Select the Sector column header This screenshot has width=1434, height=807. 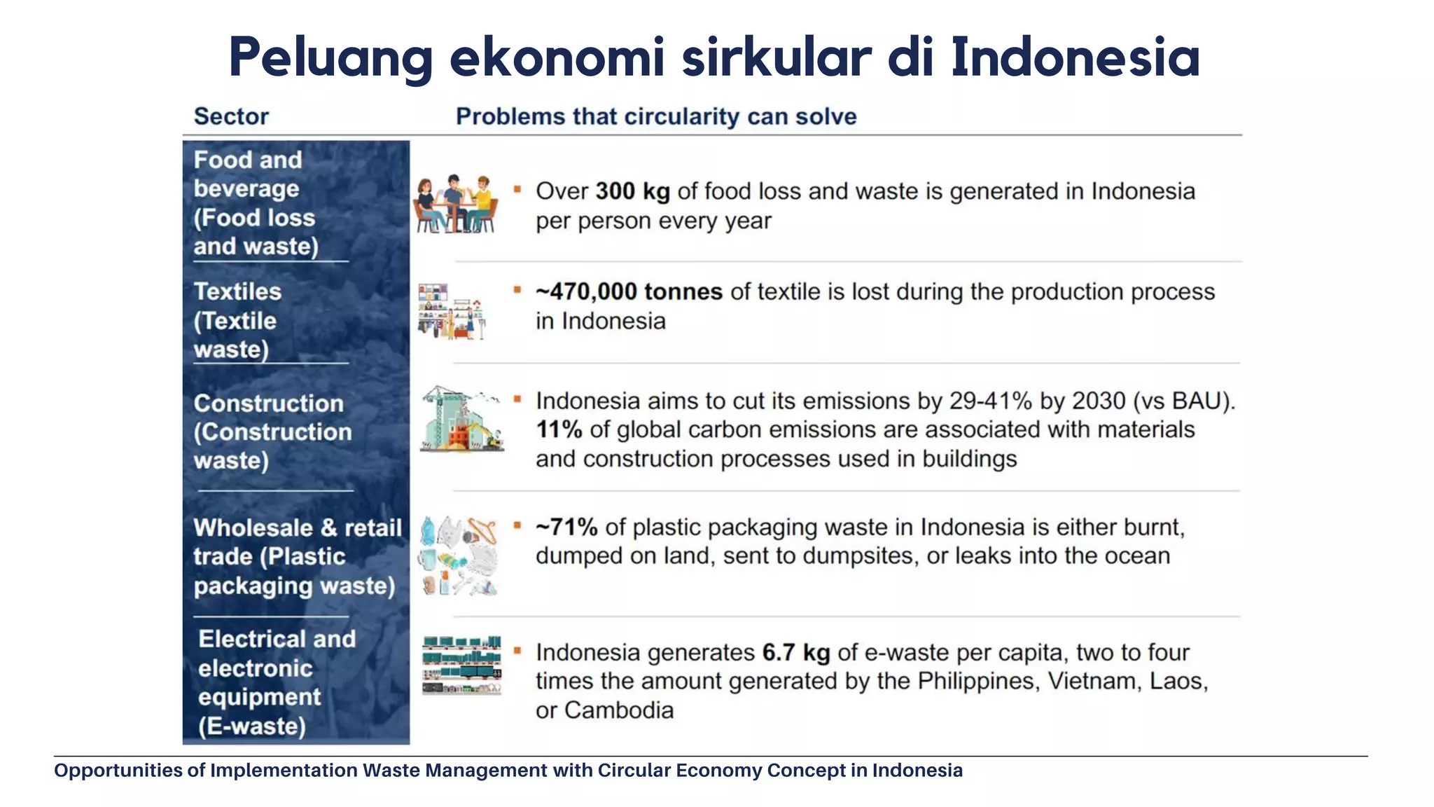click(x=231, y=116)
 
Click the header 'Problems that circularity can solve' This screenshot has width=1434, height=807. click(x=656, y=116)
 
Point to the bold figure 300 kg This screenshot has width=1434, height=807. click(x=632, y=191)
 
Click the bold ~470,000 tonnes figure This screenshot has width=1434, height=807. click(x=629, y=291)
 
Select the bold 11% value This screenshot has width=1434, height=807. click(x=559, y=429)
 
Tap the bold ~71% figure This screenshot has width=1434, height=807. click(x=566, y=527)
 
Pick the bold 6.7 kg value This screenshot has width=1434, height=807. click(x=795, y=652)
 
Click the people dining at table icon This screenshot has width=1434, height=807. click(x=456, y=204)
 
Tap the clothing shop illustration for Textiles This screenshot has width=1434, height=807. click(x=452, y=312)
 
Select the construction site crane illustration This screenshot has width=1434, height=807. click(x=461, y=419)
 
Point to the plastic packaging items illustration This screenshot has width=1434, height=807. click(x=459, y=556)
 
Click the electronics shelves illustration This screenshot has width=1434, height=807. click(x=461, y=665)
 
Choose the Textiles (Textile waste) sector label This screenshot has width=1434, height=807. click(x=237, y=320)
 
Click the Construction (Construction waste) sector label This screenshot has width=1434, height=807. click(x=272, y=432)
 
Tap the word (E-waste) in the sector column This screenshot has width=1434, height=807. click(x=252, y=726)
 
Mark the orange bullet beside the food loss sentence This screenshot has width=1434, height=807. click(x=517, y=189)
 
